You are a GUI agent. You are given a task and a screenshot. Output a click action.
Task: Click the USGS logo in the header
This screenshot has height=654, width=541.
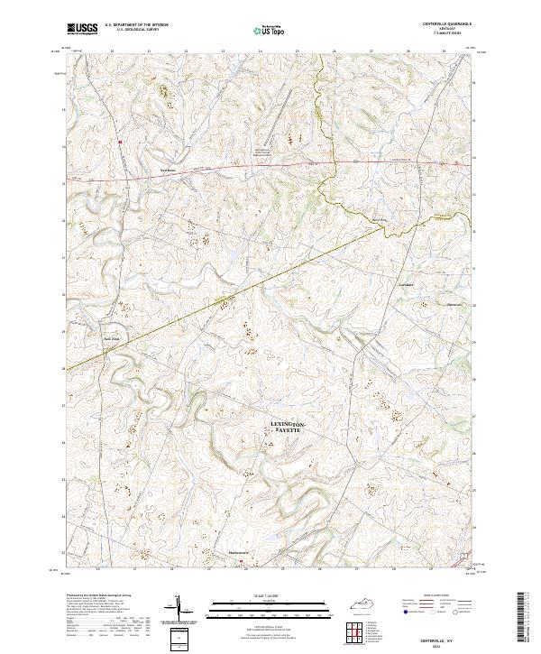(x=82, y=29)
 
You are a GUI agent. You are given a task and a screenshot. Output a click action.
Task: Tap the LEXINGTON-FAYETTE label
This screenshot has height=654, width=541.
(x=288, y=428)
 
